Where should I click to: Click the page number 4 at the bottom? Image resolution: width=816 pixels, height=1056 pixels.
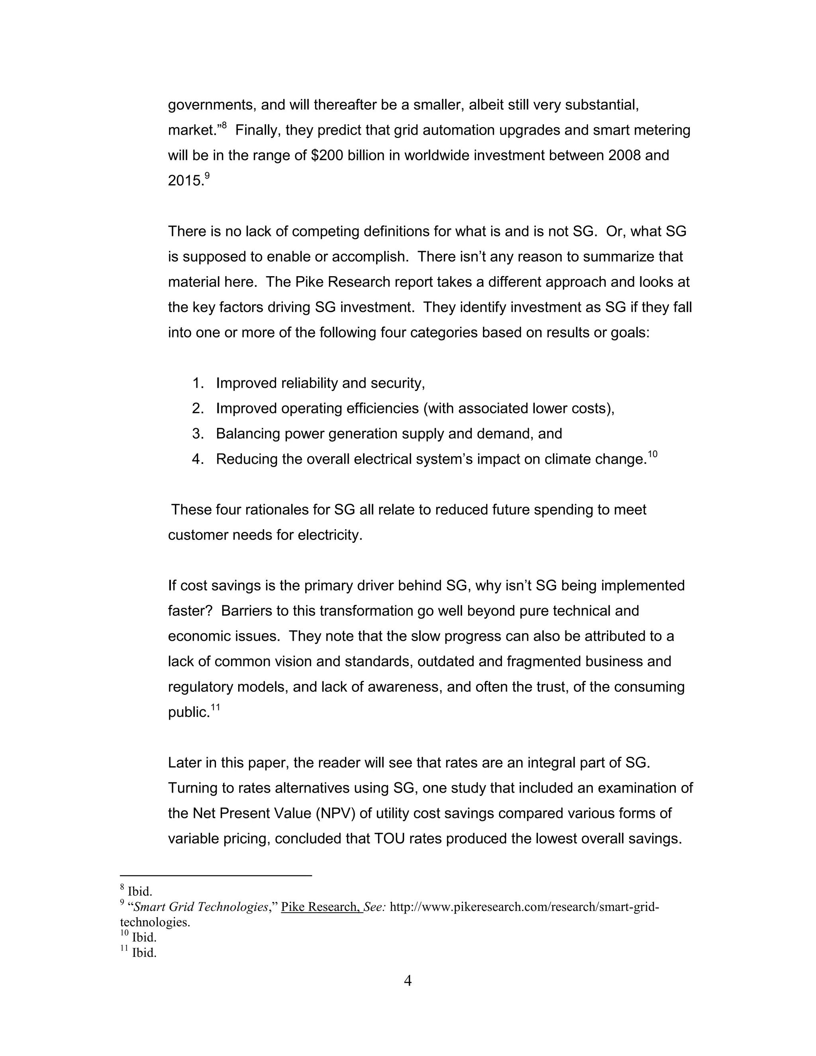coord(408,981)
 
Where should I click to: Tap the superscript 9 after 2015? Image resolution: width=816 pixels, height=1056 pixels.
coord(207,176)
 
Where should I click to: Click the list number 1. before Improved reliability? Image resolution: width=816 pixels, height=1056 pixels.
coord(198,383)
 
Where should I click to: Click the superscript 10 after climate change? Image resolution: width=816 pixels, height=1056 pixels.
coord(652,454)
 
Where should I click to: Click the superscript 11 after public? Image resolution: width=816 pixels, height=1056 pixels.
coord(215,707)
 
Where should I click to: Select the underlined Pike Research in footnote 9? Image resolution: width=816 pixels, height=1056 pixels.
coord(321,907)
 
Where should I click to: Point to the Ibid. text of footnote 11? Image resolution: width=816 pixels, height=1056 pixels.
coord(144,953)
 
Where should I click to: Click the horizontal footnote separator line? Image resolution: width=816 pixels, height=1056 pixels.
coord(216,875)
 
